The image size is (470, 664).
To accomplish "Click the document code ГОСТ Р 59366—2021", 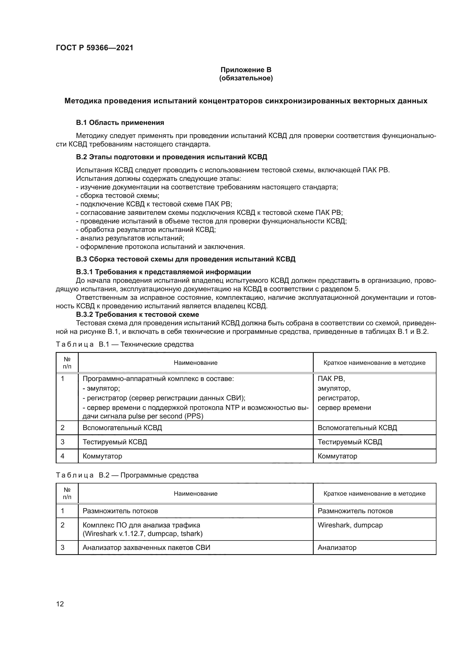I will [x=94, y=48].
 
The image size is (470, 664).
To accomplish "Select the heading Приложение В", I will [x=246, y=70].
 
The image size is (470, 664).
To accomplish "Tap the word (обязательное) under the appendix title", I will [x=246, y=78].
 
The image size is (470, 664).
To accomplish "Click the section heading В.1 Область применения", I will [x=120, y=123].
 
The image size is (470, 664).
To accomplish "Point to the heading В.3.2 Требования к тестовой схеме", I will [x=138, y=314].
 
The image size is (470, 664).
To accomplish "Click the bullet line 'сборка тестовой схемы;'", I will [x=118, y=196].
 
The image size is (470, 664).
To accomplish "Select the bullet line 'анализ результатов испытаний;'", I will [x=130, y=238].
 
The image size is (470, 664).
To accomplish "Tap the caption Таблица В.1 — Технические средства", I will [x=124, y=344].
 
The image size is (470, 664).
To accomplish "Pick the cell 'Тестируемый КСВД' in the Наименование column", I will [x=115, y=442].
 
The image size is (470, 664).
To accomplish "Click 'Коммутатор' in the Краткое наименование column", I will [x=337, y=456].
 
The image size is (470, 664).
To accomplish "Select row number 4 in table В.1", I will [x=63, y=456].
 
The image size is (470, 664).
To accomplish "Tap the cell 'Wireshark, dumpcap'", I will [x=350, y=525].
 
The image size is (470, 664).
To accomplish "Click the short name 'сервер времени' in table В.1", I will [x=344, y=408].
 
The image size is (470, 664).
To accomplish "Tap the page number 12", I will [x=60, y=604].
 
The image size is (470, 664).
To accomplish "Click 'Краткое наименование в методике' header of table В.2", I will [x=374, y=493].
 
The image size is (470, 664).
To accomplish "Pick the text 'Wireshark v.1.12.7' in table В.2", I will [x=114, y=534].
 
